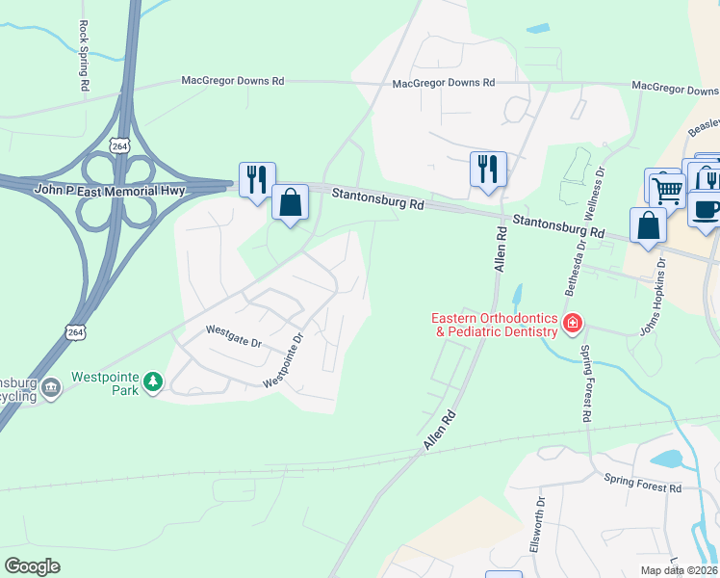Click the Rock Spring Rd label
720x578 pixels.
coord(84,56)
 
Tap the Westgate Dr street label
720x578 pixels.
coord(234,341)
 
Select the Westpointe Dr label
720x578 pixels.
coord(284,361)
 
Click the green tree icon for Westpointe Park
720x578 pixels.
coord(153,382)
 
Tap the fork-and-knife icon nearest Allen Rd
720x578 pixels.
coord(487,170)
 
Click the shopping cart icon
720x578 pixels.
coord(667,188)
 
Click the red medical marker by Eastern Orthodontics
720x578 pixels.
coord(573,322)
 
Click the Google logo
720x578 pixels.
coord(32,565)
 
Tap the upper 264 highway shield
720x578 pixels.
coord(119,144)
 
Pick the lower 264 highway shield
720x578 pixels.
coord(75,331)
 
